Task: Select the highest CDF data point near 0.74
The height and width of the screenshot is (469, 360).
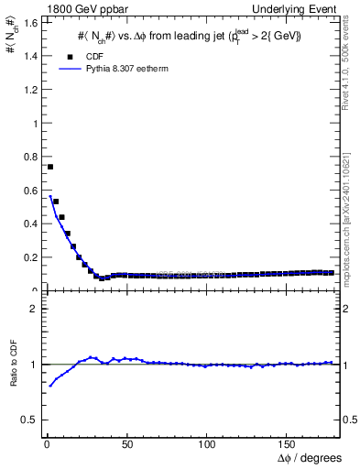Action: [x=50, y=167]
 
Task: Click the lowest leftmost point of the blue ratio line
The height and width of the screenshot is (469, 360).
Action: [x=49, y=386]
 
